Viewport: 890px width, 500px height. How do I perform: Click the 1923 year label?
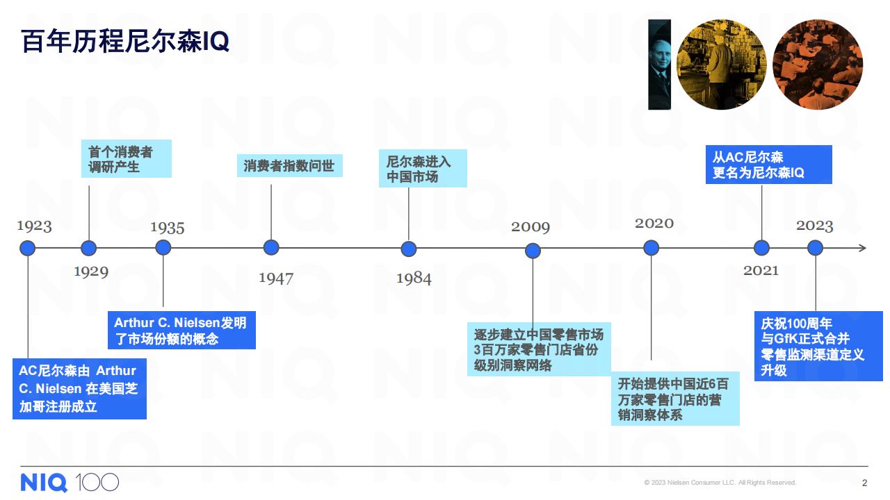34,226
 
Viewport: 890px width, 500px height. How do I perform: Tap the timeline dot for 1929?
88,248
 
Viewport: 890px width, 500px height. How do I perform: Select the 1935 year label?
168,228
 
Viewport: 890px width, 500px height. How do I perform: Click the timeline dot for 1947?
271,248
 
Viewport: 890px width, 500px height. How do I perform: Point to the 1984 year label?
414,278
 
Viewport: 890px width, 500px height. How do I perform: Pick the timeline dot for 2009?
533,251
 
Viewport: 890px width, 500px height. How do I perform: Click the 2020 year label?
654,223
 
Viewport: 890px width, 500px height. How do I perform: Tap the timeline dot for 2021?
761,248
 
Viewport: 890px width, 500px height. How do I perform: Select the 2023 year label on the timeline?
814,226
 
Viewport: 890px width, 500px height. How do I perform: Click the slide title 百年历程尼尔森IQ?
125,41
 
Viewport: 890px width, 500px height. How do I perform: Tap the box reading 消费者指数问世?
290,165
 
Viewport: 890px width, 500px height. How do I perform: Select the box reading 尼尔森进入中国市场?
423,168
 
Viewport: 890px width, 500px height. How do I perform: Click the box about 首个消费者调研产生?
127,159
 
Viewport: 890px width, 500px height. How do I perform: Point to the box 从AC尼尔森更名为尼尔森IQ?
769,165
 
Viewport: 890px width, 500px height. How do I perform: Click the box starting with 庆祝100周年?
818,346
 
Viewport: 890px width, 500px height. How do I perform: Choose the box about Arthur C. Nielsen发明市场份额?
181,330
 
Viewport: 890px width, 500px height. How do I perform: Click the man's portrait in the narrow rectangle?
660,65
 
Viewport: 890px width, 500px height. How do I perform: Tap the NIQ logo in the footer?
44,483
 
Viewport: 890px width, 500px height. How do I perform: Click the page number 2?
864,483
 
